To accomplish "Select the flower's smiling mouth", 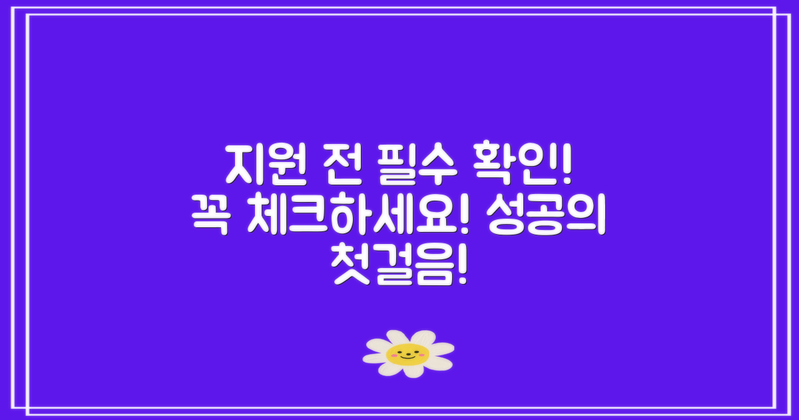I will coord(407,357).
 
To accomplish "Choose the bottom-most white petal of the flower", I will coord(414,371).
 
